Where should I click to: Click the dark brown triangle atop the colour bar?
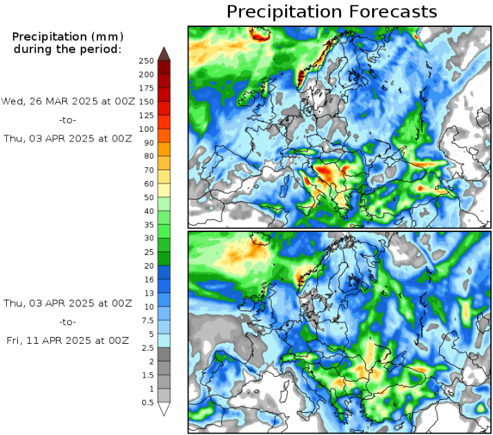coord(164,53)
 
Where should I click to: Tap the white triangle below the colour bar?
coord(164,409)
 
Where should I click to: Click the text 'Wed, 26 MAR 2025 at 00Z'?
coord(66,101)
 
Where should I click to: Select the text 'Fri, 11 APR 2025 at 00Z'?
coord(66,340)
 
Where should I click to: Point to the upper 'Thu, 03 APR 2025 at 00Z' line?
coord(66,138)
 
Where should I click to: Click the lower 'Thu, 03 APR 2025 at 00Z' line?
coord(66,302)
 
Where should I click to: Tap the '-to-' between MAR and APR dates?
coord(67,119)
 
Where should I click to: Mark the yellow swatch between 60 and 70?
coord(164,177)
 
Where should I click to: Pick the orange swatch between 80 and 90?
coord(164,149)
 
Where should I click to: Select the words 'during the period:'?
coord(67,49)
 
